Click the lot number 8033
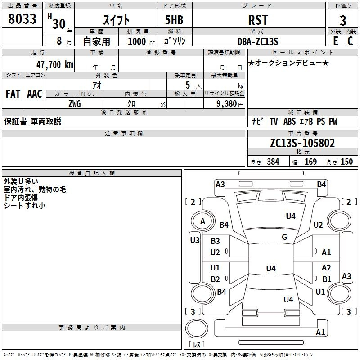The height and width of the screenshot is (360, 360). pos(22,19)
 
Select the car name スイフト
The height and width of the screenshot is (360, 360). pos(117,20)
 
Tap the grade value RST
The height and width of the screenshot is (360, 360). pos(258,20)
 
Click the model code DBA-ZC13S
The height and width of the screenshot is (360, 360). pos(258,41)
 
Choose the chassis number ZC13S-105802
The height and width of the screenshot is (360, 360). pos(302,143)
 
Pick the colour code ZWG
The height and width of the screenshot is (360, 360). pos(75,103)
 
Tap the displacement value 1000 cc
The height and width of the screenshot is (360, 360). pos(139,41)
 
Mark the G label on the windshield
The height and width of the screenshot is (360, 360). pos(284,237)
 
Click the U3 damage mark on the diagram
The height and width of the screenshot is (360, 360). pos(194,240)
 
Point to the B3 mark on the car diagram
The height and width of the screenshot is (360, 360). pos(216,242)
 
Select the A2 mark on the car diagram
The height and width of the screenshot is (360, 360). pos(327,268)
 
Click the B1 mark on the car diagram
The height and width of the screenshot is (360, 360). pos(327,279)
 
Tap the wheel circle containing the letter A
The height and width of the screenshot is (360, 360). pos(202,221)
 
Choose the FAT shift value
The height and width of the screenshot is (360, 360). pos(13,94)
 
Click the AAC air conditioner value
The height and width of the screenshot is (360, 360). pos(35,94)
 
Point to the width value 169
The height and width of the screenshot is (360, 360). pos(310,162)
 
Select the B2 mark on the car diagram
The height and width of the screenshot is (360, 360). pos(216,279)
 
